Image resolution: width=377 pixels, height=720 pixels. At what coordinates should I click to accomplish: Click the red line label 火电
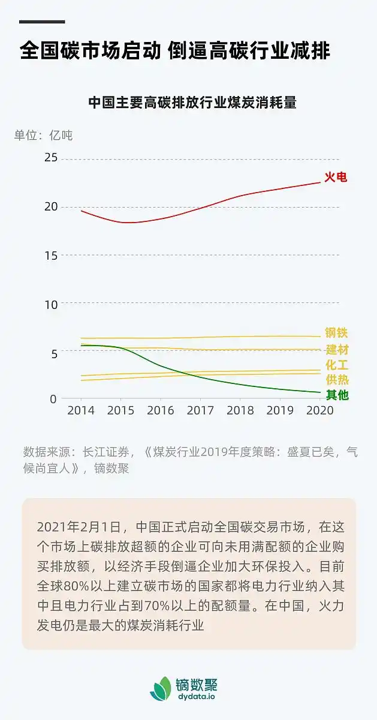tap(336, 177)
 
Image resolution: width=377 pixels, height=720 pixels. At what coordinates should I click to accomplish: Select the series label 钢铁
tap(336, 333)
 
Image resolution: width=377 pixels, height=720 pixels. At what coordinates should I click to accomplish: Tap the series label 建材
tap(336, 349)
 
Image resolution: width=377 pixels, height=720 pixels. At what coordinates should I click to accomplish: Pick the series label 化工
tap(336, 365)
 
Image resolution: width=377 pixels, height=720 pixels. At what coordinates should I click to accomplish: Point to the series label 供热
tap(336, 380)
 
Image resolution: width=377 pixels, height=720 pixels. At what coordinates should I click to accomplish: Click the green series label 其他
tap(336, 395)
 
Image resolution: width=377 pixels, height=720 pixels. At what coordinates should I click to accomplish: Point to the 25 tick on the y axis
tap(51, 157)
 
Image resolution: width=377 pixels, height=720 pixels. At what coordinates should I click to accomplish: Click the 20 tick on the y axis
tap(51, 206)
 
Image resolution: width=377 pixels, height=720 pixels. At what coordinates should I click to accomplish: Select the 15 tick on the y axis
tap(51, 255)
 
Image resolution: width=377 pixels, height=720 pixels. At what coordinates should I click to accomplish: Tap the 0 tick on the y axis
tap(54, 398)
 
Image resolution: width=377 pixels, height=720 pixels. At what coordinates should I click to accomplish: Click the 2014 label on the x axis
tap(81, 411)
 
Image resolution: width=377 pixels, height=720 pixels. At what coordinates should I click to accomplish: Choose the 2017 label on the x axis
tap(200, 411)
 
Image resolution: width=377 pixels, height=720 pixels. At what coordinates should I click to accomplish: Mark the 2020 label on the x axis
tap(319, 411)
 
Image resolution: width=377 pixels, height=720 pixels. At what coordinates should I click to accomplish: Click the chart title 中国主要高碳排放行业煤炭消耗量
tap(192, 102)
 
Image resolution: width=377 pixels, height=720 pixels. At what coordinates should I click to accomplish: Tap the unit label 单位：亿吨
tap(43, 135)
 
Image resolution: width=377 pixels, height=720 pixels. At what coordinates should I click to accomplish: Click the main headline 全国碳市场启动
tap(90, 51)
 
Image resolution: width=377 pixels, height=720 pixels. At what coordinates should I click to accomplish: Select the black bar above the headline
tap(42, 22)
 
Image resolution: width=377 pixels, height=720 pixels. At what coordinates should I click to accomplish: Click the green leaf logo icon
tap(161, 688)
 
